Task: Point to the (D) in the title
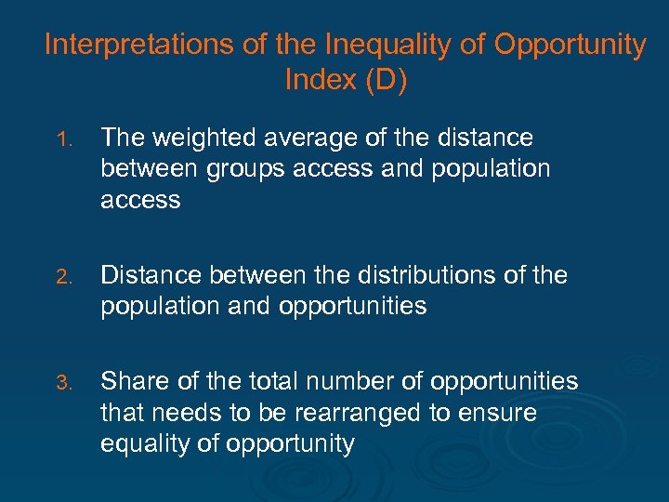(x=386, y=81)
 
